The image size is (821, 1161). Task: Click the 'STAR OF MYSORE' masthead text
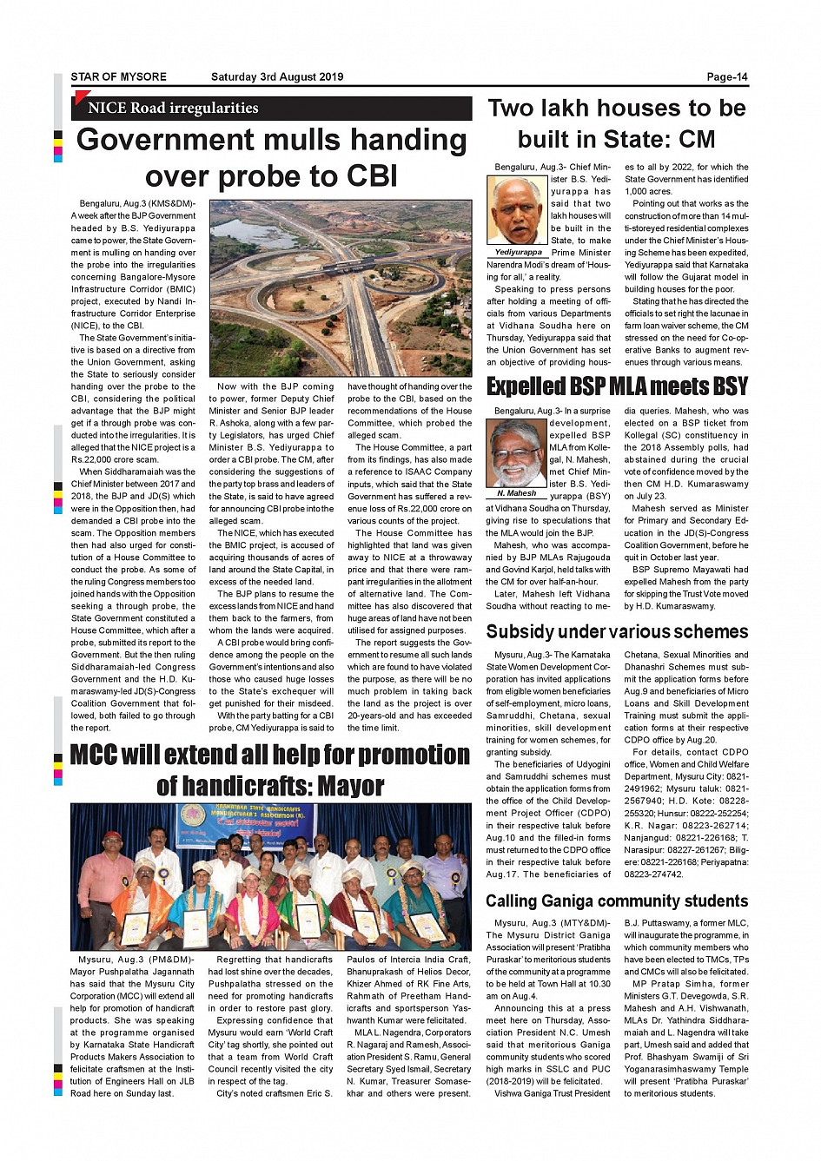pos(118,77)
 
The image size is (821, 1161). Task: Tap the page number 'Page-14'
pos(727,77)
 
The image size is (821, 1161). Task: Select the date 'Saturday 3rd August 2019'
pos(277,77)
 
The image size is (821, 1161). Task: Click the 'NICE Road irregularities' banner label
pos(173,109)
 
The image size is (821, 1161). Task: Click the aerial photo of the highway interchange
pos(341,287)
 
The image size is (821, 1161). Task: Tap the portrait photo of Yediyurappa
pos(517,211)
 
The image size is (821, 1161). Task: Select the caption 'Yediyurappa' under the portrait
pos(518,253)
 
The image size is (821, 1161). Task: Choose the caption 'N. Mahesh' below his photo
pos(516,493)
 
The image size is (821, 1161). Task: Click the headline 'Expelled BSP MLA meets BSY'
pos(617,386)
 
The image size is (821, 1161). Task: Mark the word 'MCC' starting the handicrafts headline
pos(93,755)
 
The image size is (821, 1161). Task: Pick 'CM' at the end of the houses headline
pos(697,140)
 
